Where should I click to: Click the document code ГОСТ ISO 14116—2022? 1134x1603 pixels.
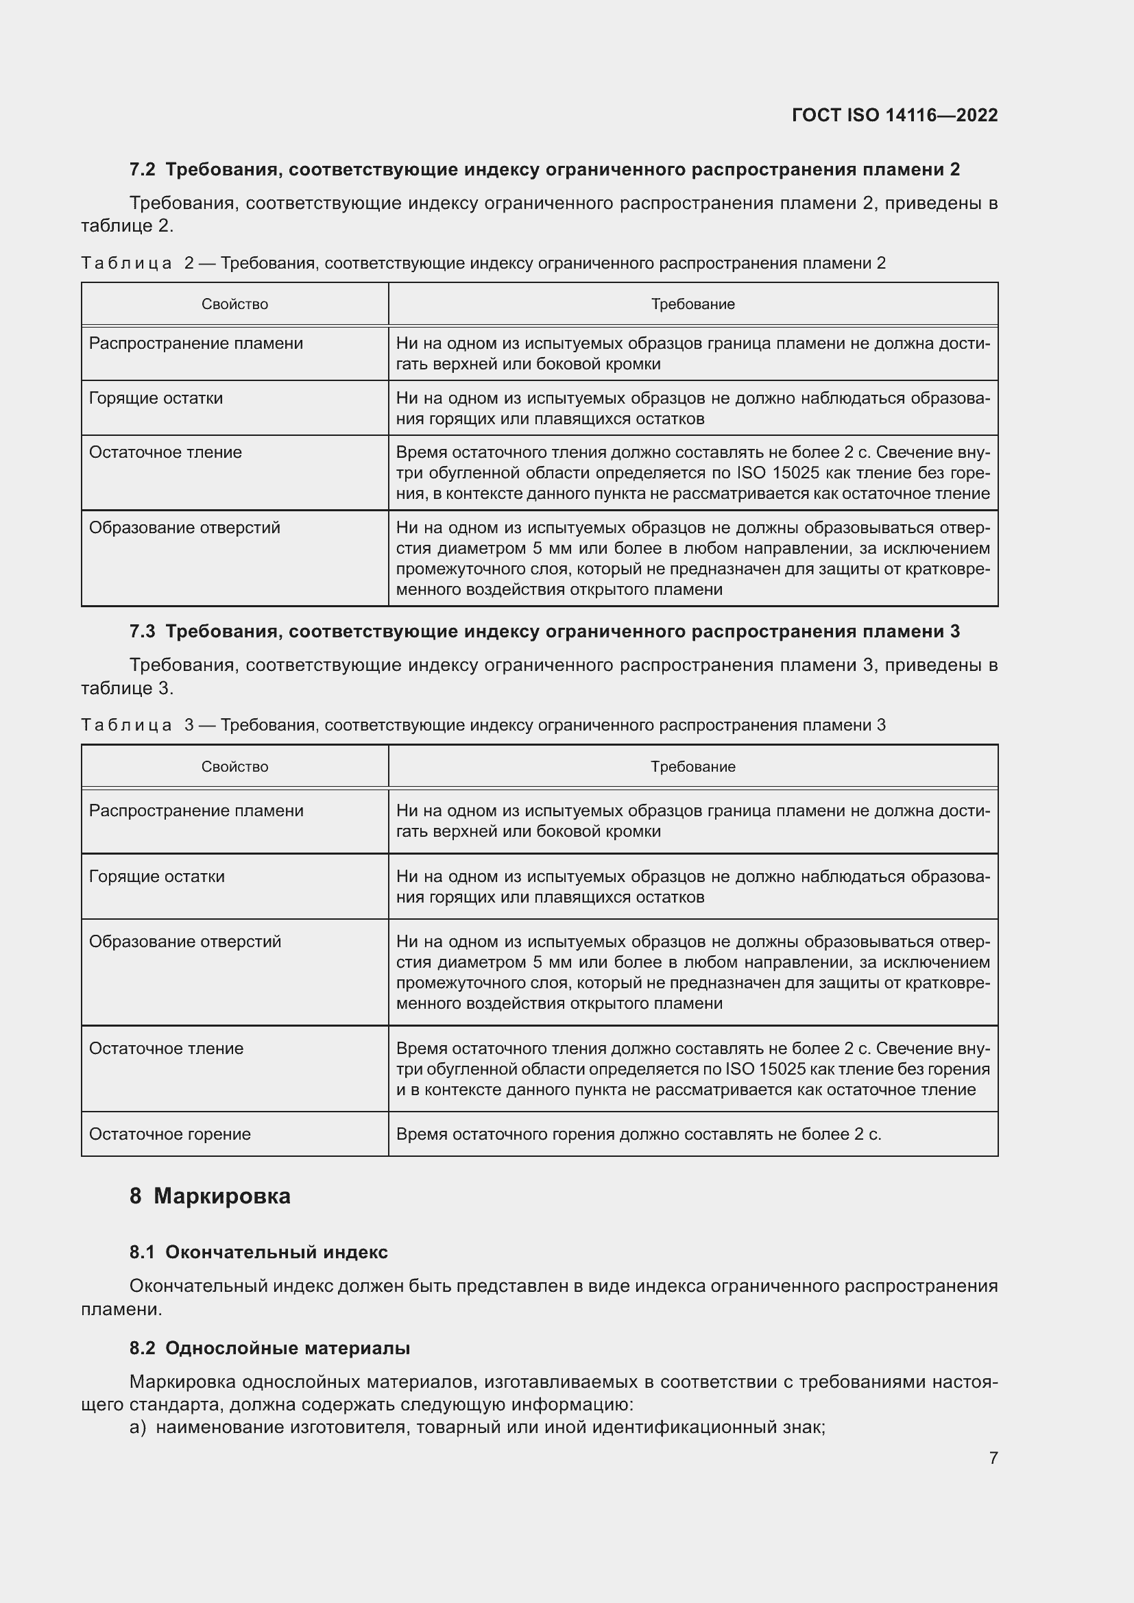coord(895,115)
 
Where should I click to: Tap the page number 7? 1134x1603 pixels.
coord(993,1458)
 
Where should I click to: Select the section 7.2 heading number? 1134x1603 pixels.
coord(143,170)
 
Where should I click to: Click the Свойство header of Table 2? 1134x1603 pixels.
coord(234,304)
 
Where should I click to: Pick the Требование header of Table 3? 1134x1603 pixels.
coord(692,767)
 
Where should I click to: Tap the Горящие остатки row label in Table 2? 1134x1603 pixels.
coord(156,398)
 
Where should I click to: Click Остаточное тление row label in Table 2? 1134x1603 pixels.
coord(165,452)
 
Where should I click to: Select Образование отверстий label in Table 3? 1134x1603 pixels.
coord(185,941)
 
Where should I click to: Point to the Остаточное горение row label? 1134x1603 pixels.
coord(169,1134)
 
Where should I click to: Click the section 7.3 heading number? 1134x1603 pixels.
coord(143,632)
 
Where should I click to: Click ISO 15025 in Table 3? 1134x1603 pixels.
coord(766,1069)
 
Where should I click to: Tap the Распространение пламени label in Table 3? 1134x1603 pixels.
coord(196,811)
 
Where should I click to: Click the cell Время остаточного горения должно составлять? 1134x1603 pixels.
coord(638,1134)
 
